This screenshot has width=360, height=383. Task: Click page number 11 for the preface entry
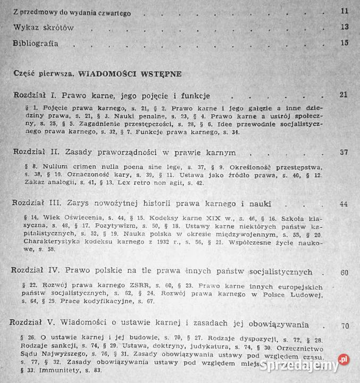344,11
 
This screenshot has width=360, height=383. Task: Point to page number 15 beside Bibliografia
344,43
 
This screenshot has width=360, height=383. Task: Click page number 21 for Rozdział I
343,95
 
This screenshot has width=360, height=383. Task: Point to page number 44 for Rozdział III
344,204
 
